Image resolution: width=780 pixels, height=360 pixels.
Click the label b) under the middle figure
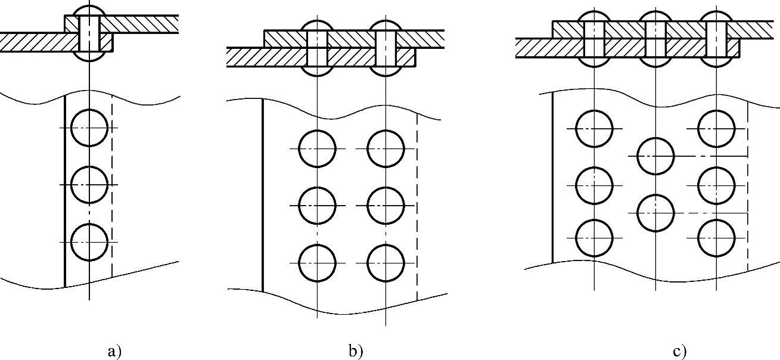pyautogui.click(x=356, y=352)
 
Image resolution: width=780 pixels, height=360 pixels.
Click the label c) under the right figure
pyautogui.click(x=679, y=352)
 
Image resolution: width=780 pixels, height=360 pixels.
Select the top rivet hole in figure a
pyautogui.click(x=89, y=128)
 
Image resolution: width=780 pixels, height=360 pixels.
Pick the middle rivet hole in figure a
pyautogui.click(x=89, y=185)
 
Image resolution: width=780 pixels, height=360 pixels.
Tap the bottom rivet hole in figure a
pyautogui.click(x=89, y=242)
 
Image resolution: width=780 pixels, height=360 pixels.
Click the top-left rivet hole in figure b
pyautogui.click(x=317, y=148)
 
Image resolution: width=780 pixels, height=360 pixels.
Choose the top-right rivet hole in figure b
pyautogui.click(x=386, y=148)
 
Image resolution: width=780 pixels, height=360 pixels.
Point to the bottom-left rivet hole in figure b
pyautogui.click(x=317, y=263)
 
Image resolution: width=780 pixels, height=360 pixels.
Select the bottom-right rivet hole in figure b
pyautogui.click(x=386, y=263)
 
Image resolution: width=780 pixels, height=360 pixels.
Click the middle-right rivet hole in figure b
pyautogui.click(x=386, y=206)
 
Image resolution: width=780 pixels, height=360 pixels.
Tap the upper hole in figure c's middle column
pyautogui.click(x=655, y=156)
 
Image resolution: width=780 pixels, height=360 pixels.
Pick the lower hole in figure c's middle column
pyautogui.click(x=655, y=213)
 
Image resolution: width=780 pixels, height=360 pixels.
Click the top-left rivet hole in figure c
pyautogui.click(x=595, y=128)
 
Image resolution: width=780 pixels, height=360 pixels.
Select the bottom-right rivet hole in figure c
pyautogui.click(x=716, y=237)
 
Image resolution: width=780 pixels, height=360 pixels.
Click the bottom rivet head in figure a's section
pyautogui.click(x=88, y=57)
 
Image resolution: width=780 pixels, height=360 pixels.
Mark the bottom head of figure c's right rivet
pyautogui.click(x=716, y=63)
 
